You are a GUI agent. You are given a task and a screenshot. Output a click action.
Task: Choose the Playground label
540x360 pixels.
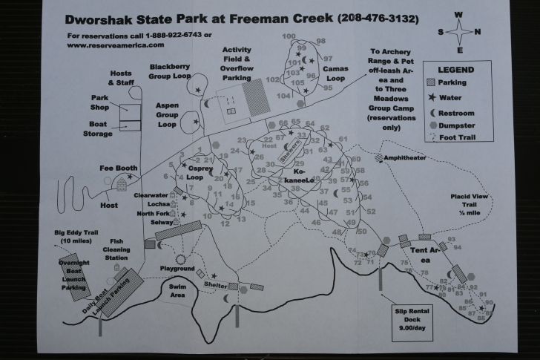tap(177, 268)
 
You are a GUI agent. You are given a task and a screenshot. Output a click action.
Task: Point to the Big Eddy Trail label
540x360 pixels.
tap(76, 237)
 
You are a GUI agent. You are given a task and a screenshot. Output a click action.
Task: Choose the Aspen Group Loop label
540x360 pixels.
tap(167, 115)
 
